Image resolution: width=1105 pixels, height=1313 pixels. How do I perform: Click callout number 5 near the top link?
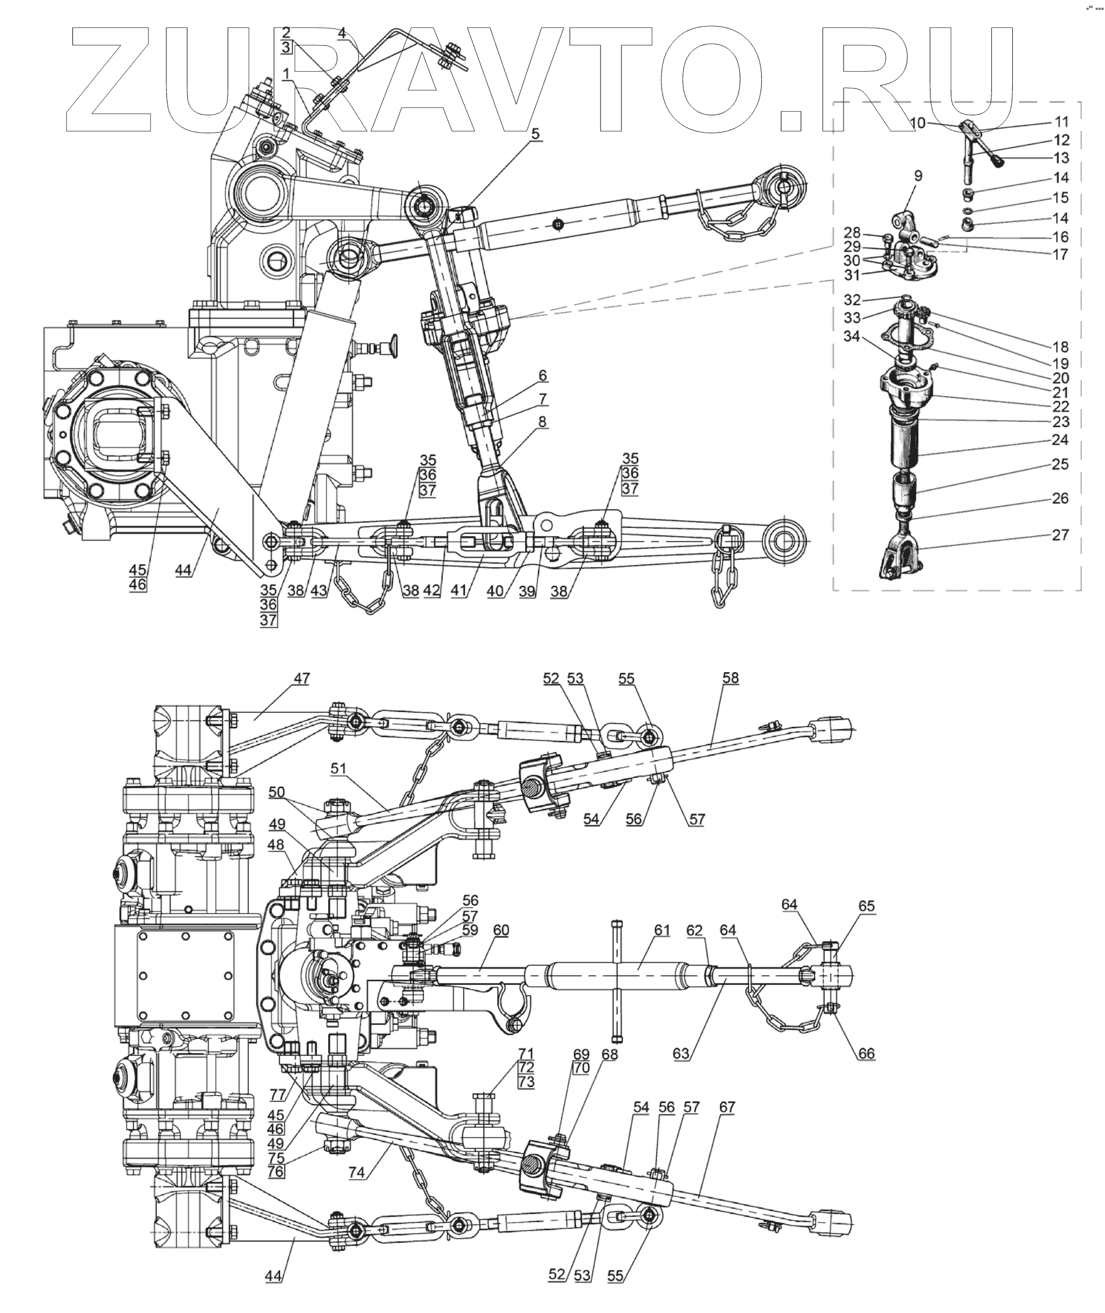pos(536,133)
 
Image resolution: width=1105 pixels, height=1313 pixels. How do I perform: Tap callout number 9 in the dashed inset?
pos(918,177)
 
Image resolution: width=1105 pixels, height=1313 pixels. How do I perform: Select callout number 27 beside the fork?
pos(1060,535)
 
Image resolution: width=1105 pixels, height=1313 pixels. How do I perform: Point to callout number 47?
pos(302,678)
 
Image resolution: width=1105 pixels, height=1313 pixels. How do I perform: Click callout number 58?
pos(730,677)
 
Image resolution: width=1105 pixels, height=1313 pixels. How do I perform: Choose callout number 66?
pos(866,1053)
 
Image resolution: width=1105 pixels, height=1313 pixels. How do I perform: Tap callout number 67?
pos(727,1107)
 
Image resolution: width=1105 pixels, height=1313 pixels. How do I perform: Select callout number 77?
pos(278,1095)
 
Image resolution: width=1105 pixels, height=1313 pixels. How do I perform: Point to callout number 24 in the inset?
pos(1060,440)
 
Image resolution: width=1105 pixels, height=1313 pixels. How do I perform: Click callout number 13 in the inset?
pos(1060,158)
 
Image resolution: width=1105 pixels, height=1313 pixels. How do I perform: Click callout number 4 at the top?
pos(342,32)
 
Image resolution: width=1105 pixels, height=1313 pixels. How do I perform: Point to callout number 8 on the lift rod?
pos(543,421)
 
